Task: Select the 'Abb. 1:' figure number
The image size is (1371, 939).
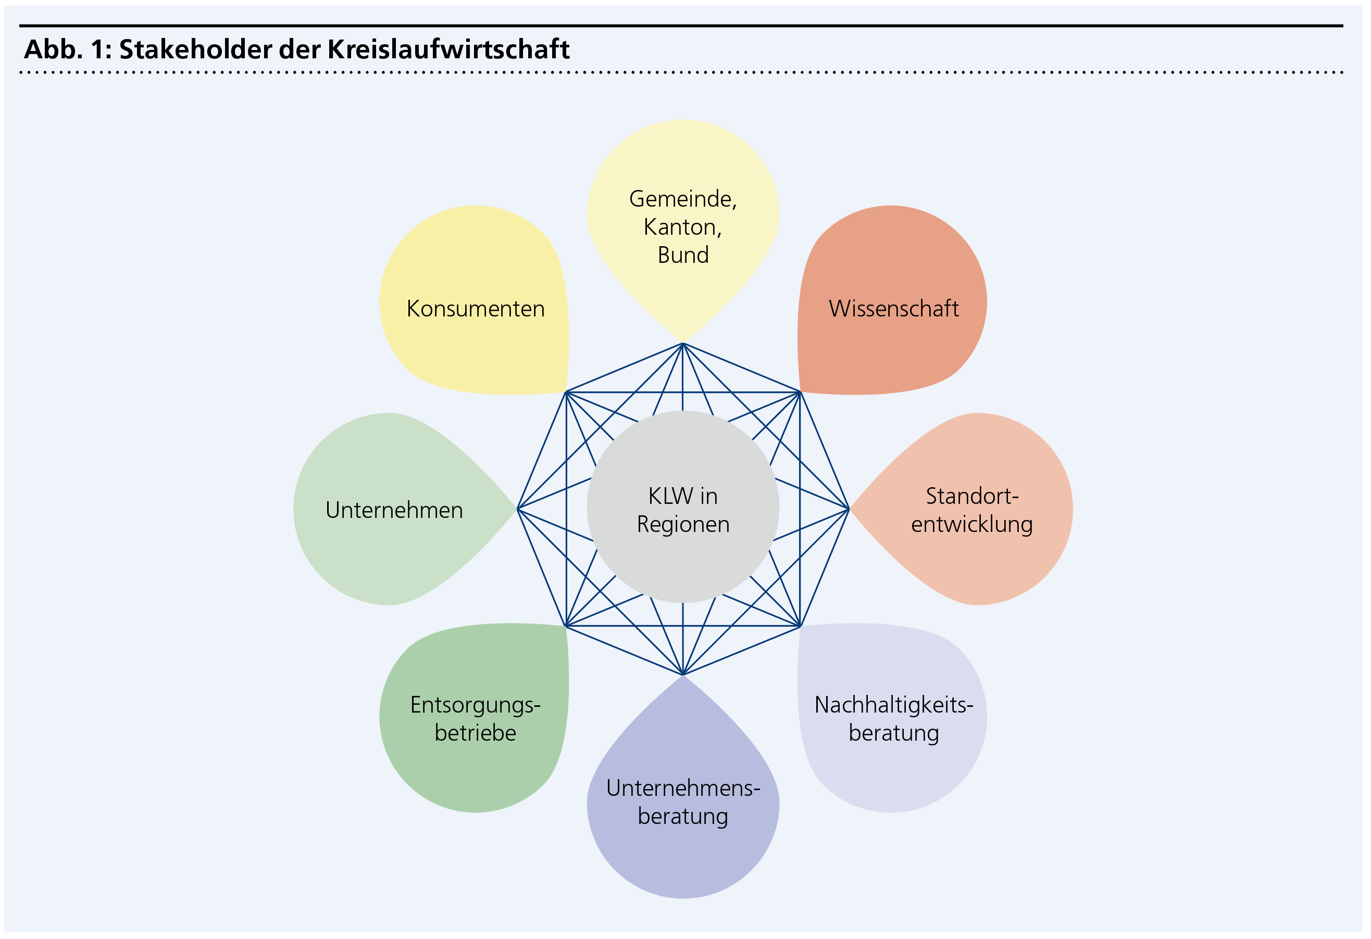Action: pyautogui.click(x=68, y=49)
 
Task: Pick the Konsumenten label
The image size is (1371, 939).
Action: pyautogui.click(x=476, y=309)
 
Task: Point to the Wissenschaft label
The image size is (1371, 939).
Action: pyautogui.click(x=894, y=309)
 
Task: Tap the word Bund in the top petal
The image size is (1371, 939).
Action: pyautogui.click(x=683, y=255)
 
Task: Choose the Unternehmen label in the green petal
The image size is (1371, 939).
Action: pyautogui.click(x=394, y=511)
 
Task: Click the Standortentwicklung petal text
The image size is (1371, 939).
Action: pyautogui.click(x=971, y=511)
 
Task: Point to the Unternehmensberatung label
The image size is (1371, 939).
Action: pyautogui.click(x=683, y=802)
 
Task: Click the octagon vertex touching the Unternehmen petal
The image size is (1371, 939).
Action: pyautogui.click(x=517, y=509)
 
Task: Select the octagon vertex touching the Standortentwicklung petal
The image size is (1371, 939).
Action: pyautogui.click(x=849, y=509)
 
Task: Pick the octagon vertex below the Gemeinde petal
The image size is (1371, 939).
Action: pyautogui.click(x=682, y=344)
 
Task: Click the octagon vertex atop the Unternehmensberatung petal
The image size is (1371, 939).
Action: pyautogui.click(x=682, y=675)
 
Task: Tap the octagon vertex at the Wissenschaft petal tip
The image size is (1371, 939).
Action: pyautogui.click(x=800, y=392)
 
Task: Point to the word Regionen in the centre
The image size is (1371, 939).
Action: pyautogui.click(x=683, y=525)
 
